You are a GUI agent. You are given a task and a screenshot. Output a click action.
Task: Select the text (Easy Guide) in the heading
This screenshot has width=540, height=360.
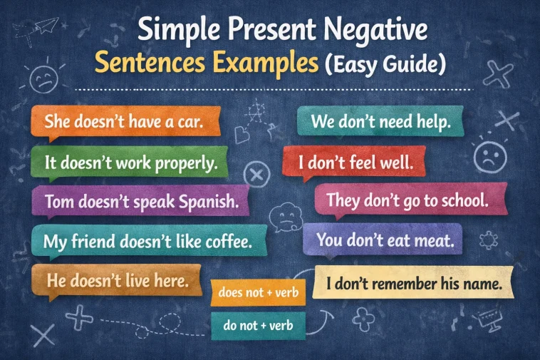click(x=385, y=65)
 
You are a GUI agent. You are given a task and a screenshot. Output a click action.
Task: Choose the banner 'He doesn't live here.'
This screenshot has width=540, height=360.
click(x=118, y=281)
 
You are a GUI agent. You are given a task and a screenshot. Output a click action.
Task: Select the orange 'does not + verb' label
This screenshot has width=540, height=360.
click(x=258, y=292)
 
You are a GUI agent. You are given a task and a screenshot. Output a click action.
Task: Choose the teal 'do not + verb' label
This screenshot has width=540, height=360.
click(x=258, y=325)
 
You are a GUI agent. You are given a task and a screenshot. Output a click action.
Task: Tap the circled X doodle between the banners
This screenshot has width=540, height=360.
click(x=257, y=175)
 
